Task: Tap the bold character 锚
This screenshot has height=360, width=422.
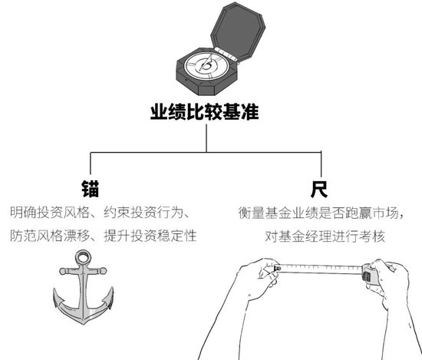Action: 91,189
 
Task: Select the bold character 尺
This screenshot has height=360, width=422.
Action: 319,189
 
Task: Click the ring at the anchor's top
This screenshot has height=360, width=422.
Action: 81,258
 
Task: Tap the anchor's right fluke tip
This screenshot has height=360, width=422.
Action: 112,289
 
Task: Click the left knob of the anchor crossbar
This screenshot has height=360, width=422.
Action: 63,271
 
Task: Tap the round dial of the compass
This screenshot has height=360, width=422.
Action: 206,66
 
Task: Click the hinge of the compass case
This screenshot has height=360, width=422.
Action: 226,54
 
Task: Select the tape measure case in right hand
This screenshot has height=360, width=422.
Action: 368,274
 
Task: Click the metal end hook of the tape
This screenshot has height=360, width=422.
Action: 277,268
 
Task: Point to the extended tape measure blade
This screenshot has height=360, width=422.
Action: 321,269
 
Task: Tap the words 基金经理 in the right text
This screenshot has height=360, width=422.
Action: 305,236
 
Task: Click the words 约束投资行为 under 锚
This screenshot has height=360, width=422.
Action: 143,213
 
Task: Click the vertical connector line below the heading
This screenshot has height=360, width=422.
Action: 206,138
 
